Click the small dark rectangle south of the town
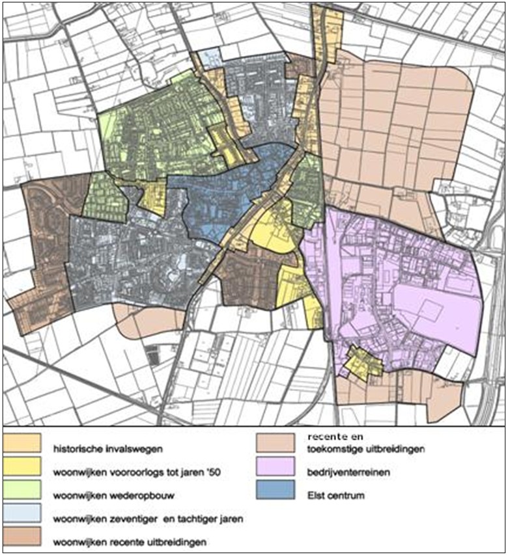pos(153,357)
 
